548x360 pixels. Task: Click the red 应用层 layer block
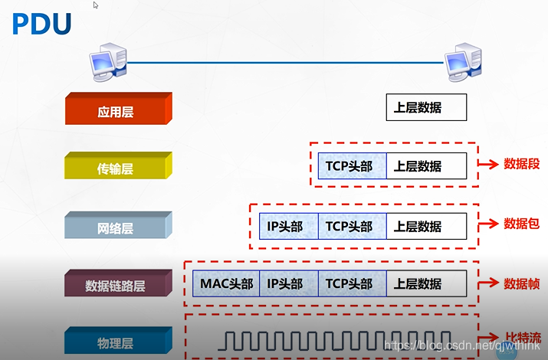[x=116, y=110]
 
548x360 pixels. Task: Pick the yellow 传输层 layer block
[x=116, y=167]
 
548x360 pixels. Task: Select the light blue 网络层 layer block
[x=116, y=227]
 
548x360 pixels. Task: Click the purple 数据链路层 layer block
[x=116, y=285]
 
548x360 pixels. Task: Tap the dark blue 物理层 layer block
[x=116, y=342]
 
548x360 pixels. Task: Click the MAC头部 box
[x=226, y=283]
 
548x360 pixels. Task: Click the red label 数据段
[x=521, y=164]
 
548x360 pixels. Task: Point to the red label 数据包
[x=521, y=223]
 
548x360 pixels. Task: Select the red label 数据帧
[x=521, y=282]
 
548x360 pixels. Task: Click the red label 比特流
[x=523, y=337]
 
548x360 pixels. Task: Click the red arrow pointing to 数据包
[x=489, y=224]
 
